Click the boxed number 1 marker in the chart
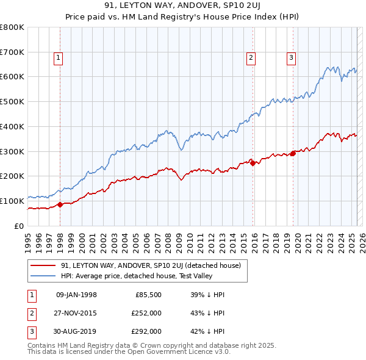tap(59, 58)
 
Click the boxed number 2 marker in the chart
tap(251, 58)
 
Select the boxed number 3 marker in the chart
tap(291, 58)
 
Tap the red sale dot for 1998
tap(60, 204)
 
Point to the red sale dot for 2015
tap(253, 162)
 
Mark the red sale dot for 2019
tap(293, 153)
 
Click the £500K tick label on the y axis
tap(12, 101)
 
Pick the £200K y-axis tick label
tap(12, 176)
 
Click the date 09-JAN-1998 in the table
tap(76, 295)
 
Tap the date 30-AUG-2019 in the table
tap(76, 331)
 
